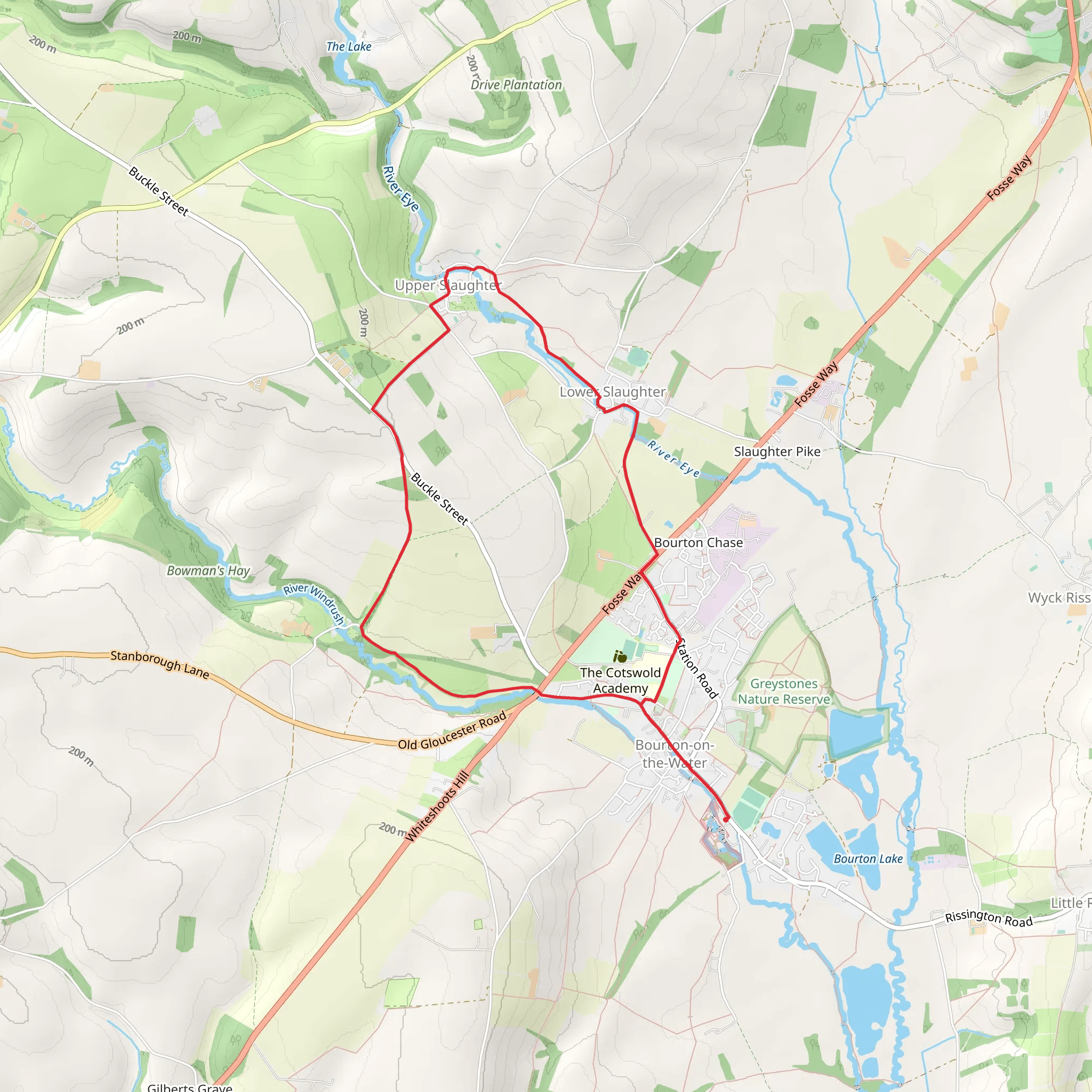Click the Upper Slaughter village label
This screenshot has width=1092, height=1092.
point(448,285)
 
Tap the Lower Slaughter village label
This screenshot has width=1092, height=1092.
point(613,392)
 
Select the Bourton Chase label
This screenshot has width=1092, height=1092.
point(698,543)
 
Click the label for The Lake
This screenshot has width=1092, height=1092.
point(349,47)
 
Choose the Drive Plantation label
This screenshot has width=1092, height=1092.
point(516,85)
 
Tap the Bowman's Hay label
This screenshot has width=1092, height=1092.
point(208,571)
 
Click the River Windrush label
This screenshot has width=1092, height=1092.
point(314,603)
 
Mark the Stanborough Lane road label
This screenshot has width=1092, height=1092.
point(159,664)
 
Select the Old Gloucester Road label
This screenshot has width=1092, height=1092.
point(452,732)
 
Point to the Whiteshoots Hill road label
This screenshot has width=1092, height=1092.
point(437,807)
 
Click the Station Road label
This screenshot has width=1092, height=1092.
point(697,668)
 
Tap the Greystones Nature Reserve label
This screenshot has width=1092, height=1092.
point(783,691)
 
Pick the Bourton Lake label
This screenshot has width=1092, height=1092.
point(868,858)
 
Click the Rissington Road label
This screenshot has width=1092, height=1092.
point(989,918)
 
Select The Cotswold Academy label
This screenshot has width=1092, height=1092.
point(620,680)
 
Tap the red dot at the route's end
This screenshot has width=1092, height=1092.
point(726,818)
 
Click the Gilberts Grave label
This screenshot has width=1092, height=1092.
point(189,1086)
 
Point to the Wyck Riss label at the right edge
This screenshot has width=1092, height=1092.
point(1058,597)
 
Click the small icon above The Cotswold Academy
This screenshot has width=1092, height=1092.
point(620,656)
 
